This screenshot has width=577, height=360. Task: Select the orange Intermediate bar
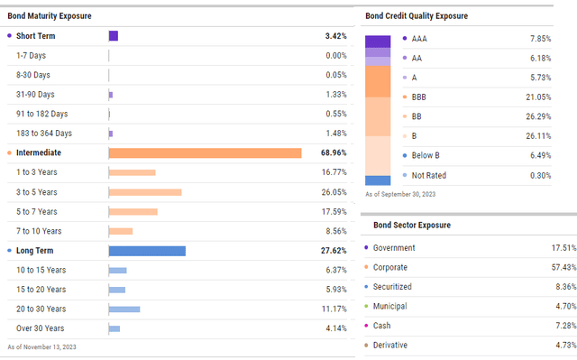(x=205, y=152)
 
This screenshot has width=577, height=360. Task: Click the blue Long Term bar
(x=147, y=251)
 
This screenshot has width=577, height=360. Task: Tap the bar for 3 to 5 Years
(x=145, y=192)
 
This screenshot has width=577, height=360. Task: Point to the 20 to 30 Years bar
(x=124, y=309)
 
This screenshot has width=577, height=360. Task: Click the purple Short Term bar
(x=114, y=36)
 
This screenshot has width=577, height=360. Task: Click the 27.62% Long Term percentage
(x=330, y=251)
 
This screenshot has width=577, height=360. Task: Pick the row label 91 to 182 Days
(x=41, y=114)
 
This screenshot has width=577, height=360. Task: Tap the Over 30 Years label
(x=41, y=328)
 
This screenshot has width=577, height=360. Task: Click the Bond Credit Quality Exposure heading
(x=417, y=16)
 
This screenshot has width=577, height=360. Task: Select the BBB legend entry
(x=420, y=97)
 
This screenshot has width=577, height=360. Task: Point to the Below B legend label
(x=427, y=156)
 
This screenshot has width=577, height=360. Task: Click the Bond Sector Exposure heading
(x=408, y=225)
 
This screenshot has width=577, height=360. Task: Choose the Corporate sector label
(x=390, y=267)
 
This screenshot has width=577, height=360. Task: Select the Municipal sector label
(x=390, y=306)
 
